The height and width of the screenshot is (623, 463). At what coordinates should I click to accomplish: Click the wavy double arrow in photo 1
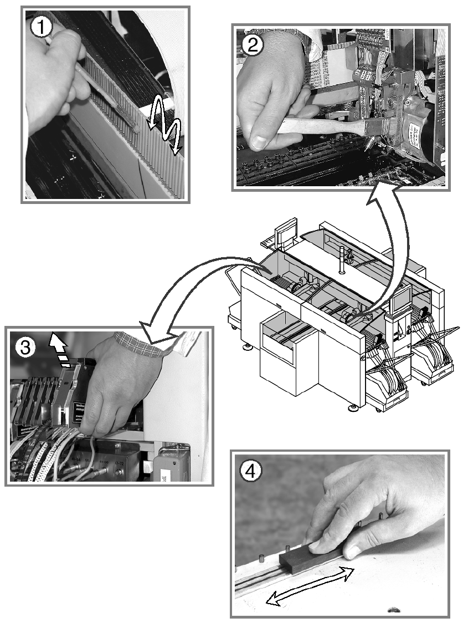pyautogui.click(x=164, y=125)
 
